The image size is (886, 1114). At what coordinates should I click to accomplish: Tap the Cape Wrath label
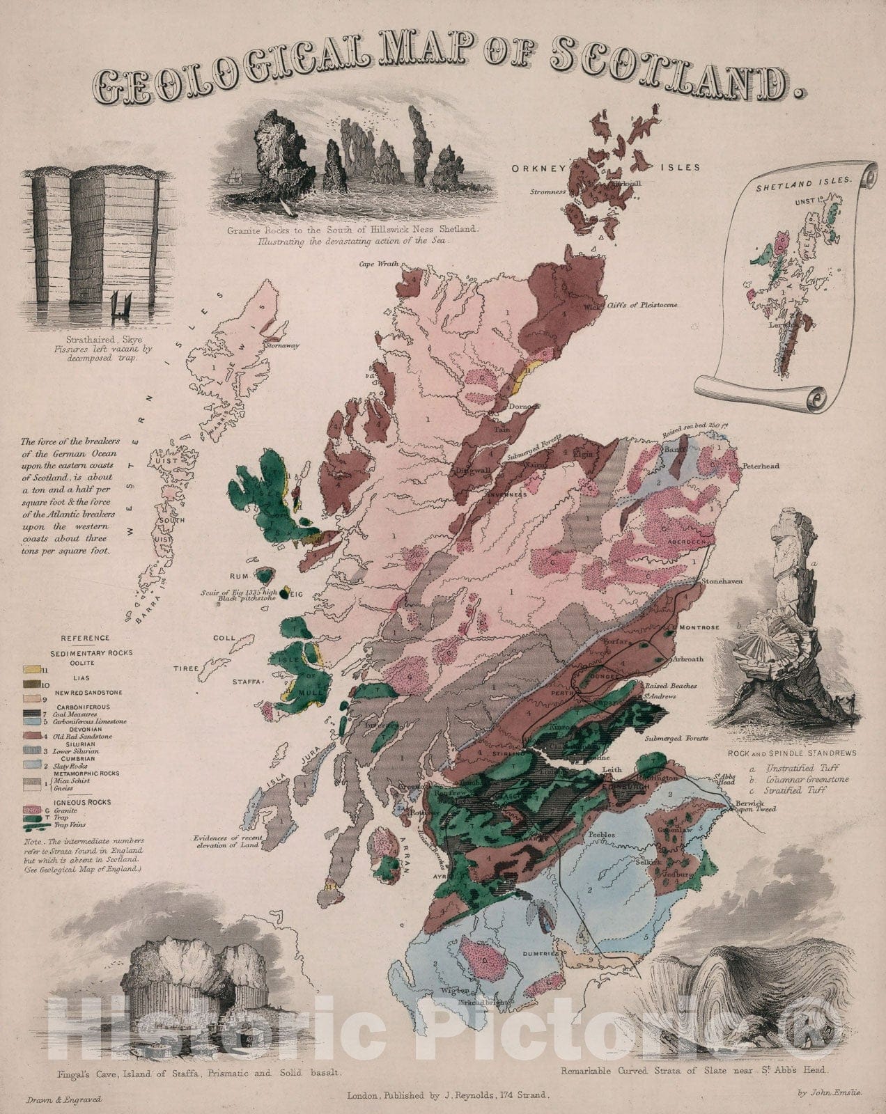[x=376, y=264]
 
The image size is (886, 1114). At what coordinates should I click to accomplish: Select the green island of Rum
[x=265, y=575]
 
